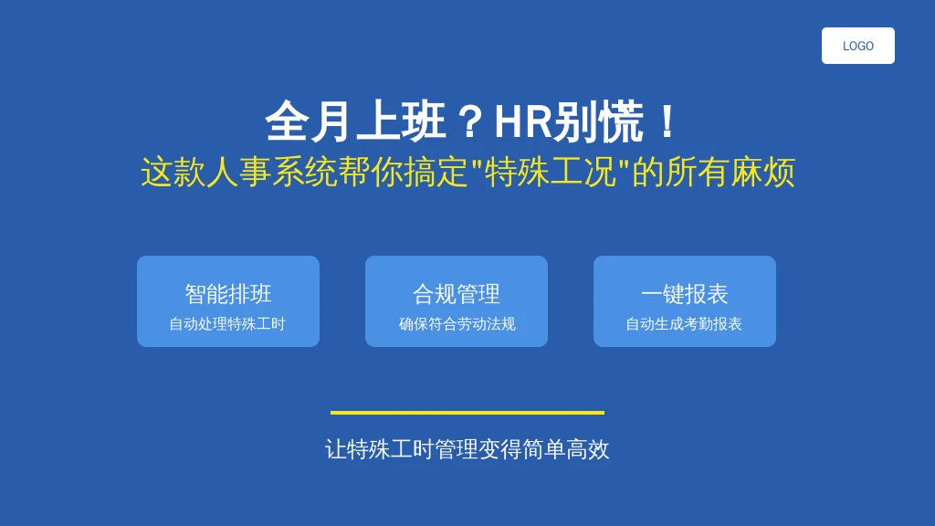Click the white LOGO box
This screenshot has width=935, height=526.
coord(857,46)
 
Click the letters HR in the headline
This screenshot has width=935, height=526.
coord(523,121)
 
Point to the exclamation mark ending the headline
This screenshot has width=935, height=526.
coord(667,121)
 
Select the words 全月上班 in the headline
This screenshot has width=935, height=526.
coord(355,121)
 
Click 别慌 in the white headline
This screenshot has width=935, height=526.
coord(598,121)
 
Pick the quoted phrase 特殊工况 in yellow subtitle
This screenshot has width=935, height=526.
coord(551,173)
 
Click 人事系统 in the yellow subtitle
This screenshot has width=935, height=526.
coord(271,173)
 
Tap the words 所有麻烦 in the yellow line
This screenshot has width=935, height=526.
coord(730,173)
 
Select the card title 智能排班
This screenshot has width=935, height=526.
coord(228,294)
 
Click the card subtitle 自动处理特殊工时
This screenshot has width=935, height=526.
coord(227,324)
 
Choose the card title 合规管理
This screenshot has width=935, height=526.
coord(457,294)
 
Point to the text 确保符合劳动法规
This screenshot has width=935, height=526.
coord(457,324)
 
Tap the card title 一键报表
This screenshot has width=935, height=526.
coord(685,294)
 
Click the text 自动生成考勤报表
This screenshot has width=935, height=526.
coord(683,324)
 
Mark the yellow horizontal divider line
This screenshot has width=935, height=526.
coord(467,412)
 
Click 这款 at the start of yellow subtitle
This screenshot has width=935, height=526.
coord(173,173)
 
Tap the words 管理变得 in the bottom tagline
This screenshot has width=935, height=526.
coord(478,449)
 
